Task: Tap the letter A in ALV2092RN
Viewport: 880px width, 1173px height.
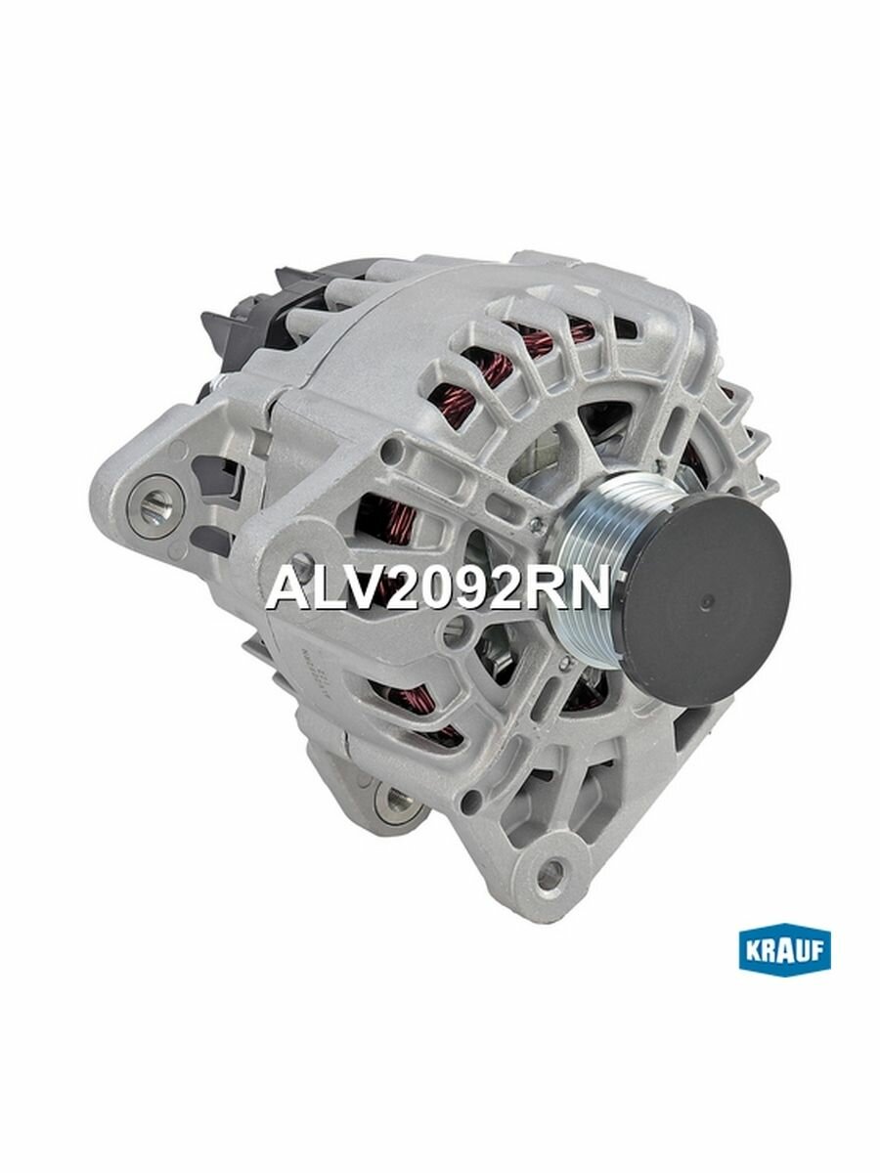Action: (285, 588)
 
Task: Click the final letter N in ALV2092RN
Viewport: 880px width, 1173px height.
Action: (590, 588)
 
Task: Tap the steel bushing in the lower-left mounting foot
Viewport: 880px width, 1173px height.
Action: (395, 802)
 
